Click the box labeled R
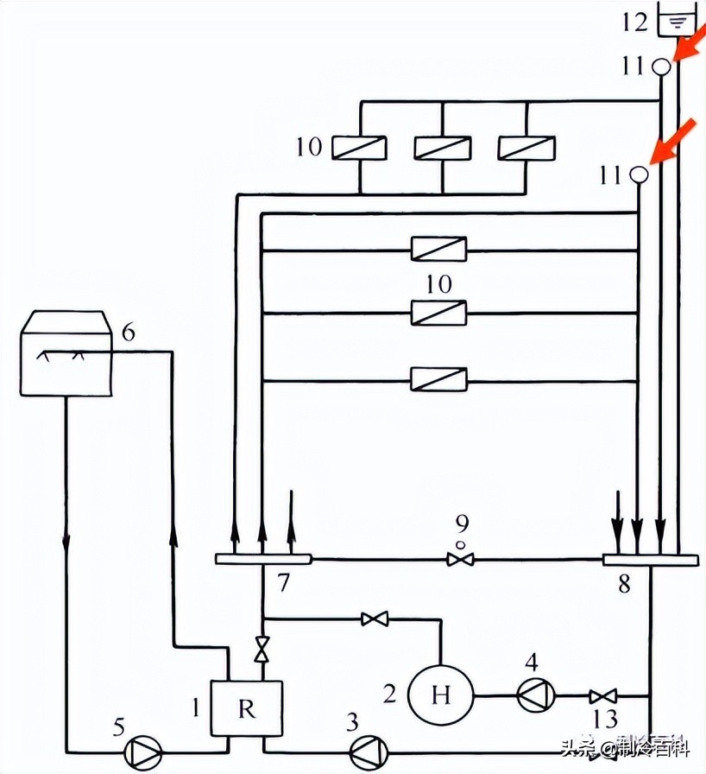tap(248, 708)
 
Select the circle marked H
tap(441, 695)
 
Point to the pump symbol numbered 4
tap(532, 695)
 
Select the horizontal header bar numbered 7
tap(262, 560)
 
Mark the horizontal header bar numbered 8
tap(650, 560)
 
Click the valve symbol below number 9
tap(460, 560)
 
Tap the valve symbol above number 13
tap(602, 695)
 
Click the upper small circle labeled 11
tap(661, 66)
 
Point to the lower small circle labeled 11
tap(640, 174)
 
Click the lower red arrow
tap(672, 140)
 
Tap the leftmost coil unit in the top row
tap(357, 148)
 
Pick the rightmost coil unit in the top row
tap(526, 148)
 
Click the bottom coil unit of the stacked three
tap(439, 378)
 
